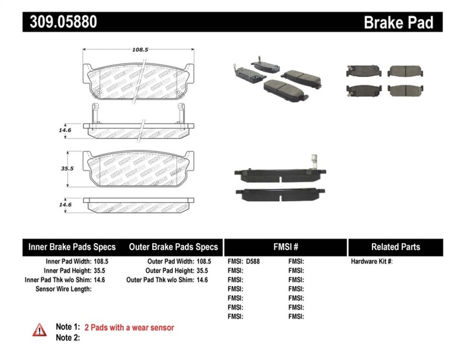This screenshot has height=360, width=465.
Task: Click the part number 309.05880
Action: [x=63, y=22]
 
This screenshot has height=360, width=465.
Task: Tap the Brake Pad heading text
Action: [x=398, y=23]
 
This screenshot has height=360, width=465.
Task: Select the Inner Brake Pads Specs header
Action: [x=72, y=247]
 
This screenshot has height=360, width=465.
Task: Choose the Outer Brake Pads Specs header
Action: [x=173, y=247]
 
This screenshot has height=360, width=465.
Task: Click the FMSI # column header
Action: [x=285, y=247]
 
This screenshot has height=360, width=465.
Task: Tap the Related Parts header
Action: [x=395, y=247]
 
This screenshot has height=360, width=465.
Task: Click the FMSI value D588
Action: [x=256, y=262]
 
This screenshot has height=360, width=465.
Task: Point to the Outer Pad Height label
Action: [x=168, y=271]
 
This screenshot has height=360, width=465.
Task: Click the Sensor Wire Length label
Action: [x=63, y=289]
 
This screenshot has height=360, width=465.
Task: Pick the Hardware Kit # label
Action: [x=371, y=262]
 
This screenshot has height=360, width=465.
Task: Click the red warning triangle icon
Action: [x=40, y=330]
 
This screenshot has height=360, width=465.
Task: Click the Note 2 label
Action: [x=68, y=337]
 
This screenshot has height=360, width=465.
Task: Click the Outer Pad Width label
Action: [x=169, y=262]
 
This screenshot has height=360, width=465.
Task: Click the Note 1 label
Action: [x=68, y=328]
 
